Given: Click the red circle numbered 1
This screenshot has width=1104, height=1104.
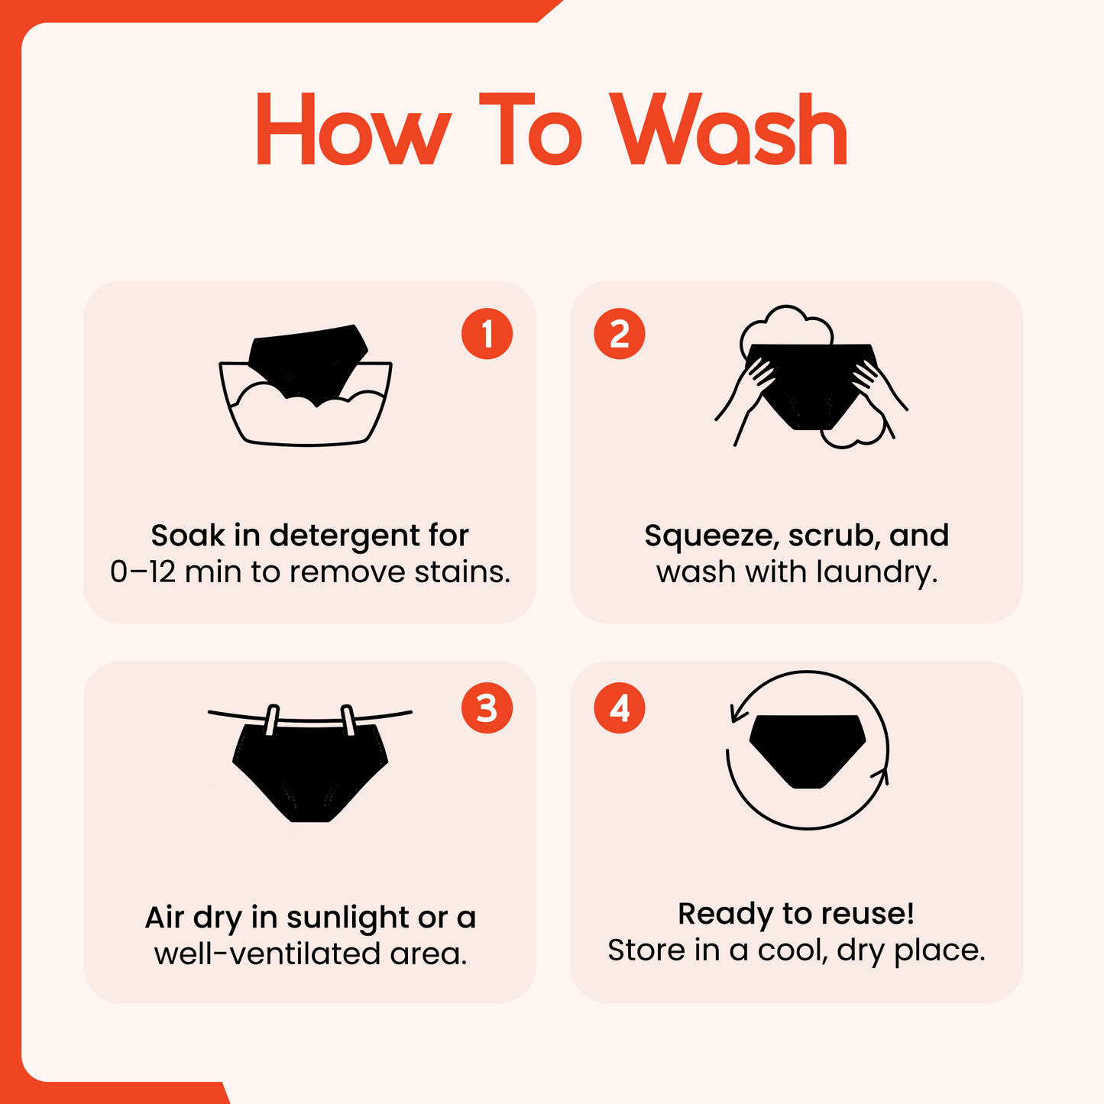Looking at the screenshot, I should tap(487, 334).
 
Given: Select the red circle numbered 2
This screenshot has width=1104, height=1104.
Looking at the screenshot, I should tap(620, 334).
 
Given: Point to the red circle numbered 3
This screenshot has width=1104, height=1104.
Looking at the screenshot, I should tap(487, 708).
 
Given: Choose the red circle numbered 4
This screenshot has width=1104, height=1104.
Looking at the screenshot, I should tap(620, 708).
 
